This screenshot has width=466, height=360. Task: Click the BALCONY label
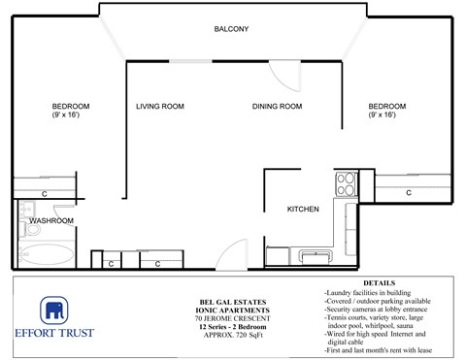click(x=231, y=29)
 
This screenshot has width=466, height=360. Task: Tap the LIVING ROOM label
click(x=159, y=107)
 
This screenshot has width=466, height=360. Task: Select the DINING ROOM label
click(x=277, y=107)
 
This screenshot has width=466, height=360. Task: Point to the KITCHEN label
click(x=303, y=209)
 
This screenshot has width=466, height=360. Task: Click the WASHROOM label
click(x=50, y=221)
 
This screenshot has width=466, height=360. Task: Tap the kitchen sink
click(x=316, y=256)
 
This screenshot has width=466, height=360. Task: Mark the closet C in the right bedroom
click(x=408, y=193)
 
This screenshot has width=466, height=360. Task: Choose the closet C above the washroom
click(x=45, y=194)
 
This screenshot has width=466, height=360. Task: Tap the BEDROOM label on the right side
click(x=386, y=106)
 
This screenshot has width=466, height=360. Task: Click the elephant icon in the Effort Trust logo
click(x=54, y=311)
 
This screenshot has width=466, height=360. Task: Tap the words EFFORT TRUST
click(x=55, y=337)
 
